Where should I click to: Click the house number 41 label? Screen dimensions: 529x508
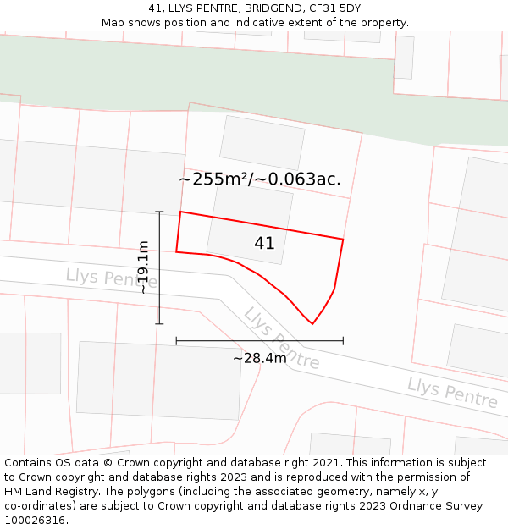pyautogui.click(x=264, y=244)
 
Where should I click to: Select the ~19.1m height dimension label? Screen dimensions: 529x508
pyautogui.click(x=144, y=267)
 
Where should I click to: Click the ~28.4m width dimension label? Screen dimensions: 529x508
pyautogui.click(x=260, y=358)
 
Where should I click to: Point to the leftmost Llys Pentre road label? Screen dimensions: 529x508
pyautogui.click(x=100, y=277)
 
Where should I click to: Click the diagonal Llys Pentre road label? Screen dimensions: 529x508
pyautogui.click(x=281, y=339)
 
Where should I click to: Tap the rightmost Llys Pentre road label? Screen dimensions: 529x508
pyautogui.click(x=452, y=393)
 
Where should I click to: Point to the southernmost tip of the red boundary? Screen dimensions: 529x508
pyautogui.click(x=312, y=323)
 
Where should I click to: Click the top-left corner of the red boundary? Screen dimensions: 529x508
pyautogui.click(x=180, y=212)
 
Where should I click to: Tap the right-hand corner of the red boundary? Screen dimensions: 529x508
pyautogui.click(x=343, y=239)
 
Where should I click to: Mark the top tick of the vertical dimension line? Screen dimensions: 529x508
pyautogui.click(x=159, y=212)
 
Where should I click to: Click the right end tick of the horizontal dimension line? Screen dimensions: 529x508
pyautogui.click(x=343, y=340)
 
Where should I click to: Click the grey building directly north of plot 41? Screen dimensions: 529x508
pyautogui.click(x=262, y=142)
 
